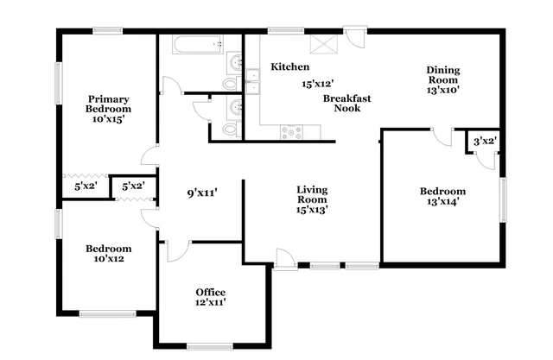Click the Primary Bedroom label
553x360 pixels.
(108, 104)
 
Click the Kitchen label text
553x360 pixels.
(290, 66)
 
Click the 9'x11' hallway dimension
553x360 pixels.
(202, 193)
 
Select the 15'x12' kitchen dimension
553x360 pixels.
(318, 85)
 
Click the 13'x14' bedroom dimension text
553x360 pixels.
(442, 202)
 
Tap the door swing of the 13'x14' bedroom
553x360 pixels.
(442, 136)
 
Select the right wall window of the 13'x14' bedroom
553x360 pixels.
(502, 201)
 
